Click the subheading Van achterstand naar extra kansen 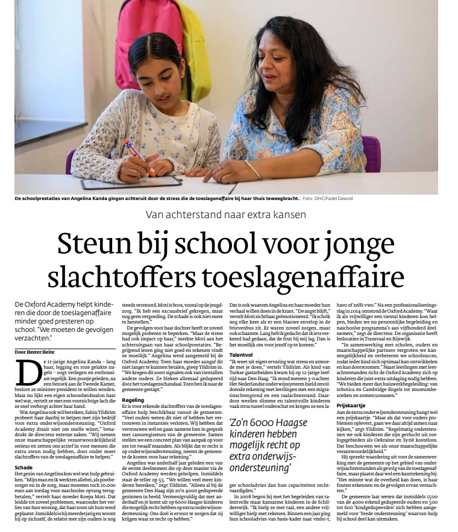(x=229, y=214)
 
